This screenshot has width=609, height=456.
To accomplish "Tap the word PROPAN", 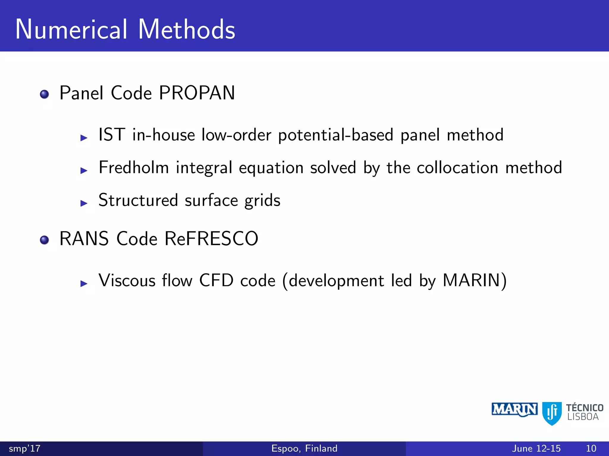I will [197, 93].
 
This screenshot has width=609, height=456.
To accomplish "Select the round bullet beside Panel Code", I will [44, 94].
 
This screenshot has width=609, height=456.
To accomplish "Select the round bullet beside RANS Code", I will [44, 240].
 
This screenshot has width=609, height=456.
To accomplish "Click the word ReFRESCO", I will [211, 239].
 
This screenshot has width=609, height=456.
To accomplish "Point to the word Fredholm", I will [134, 167].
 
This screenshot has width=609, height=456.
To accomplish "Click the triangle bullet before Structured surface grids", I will [84, 203].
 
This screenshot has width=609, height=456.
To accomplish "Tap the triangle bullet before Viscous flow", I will [84, 283].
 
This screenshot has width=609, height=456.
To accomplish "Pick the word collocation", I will [457, 168].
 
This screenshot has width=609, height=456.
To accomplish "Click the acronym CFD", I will [216, 280].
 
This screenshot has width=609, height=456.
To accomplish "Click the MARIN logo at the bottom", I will [514, 410].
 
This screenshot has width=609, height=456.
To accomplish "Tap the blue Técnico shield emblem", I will [552, 413].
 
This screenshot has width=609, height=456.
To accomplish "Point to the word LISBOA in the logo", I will [583, 417].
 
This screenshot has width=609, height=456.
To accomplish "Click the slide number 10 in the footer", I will [591, 448].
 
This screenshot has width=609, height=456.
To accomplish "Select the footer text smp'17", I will [24, 448].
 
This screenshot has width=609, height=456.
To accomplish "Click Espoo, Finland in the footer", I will [304, 448].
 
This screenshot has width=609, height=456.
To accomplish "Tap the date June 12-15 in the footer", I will [536, 448].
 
